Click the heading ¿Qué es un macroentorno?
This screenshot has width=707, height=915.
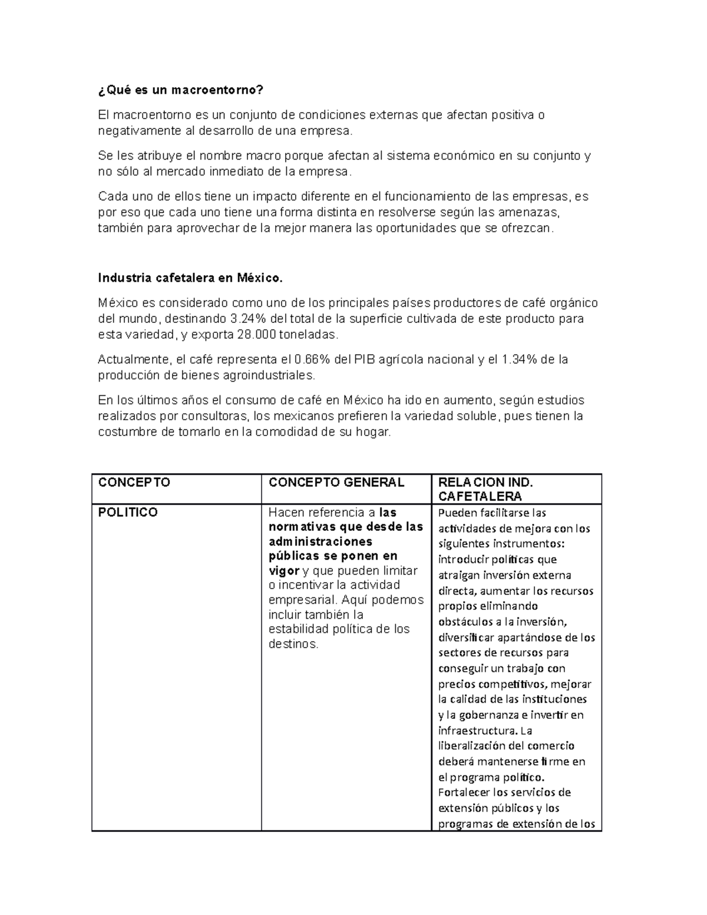tap(180, 90)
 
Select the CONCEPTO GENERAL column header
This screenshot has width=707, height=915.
tap(336, 482)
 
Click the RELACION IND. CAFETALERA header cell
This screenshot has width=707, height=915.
tap(486, 489)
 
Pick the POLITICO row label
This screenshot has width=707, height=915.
tap(128, 512)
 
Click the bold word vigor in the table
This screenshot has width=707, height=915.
tap(284, 570)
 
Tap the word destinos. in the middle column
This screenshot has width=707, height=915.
tap(293, 644)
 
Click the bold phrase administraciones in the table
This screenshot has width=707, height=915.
tap(320, 541)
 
